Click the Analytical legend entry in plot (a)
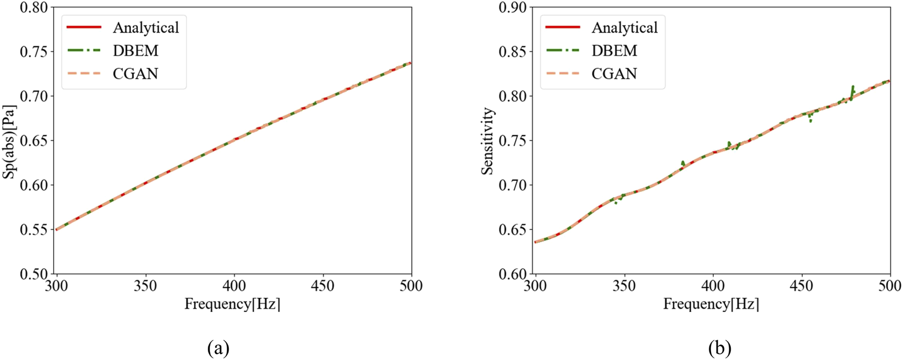click(145, 27)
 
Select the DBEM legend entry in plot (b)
click(614, 51)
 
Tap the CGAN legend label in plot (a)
click(136, 74)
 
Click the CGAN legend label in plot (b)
click(614, 74)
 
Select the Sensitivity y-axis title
click(488, 141)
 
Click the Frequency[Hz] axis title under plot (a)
click(232, 304)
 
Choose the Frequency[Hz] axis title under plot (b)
click(711, 304)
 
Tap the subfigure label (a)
click(218, 348)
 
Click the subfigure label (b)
click(720, 348)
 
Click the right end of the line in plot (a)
click(411, 63)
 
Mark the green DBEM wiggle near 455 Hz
click(810, 117)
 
